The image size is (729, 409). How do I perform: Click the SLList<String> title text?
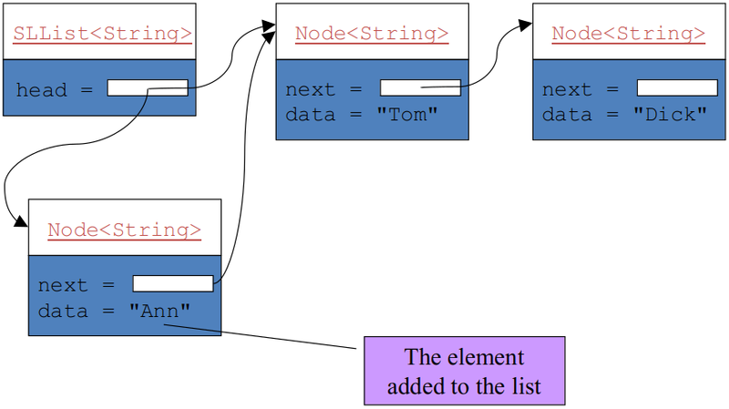[102, 35]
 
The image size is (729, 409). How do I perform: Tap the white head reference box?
[148, 88]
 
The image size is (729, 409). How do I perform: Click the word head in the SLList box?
[41, 89]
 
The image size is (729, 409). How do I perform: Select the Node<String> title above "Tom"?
[372, 35]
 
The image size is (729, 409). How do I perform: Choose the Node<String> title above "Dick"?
[629, 35]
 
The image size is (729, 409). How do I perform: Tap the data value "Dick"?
[671, 115]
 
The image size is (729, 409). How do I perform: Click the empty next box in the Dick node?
[677, 88]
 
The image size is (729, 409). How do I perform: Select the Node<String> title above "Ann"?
[124, 230]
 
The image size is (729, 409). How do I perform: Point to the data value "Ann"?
[160, 312]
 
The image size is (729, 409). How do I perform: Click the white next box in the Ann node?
[173, 284]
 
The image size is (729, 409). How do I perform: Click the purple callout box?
[464, 371]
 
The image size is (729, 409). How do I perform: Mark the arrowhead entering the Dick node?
[525, 25]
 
